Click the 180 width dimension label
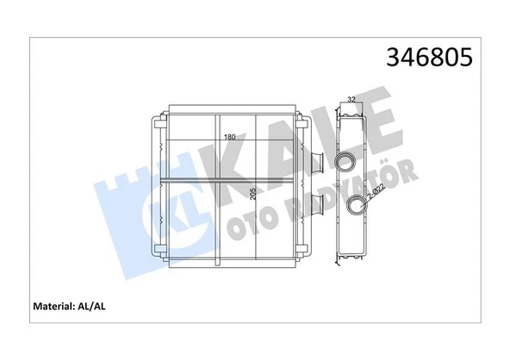229,138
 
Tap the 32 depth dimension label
351,101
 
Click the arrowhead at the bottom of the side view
351,257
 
